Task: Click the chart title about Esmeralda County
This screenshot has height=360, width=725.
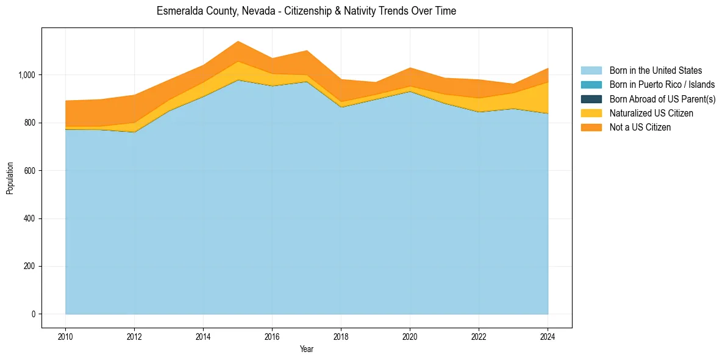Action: pyautogui.click(x=306, y=11)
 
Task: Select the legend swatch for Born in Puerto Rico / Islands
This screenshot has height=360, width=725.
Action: pyautogui.click(x=591, y=85)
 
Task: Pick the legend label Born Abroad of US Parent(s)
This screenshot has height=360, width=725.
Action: pyautogui.click(x=662, y=99)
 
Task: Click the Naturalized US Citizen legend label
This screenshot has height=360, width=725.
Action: pyautogui.click(x=651, y=113)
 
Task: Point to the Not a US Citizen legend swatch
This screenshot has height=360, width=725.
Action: pyautogui.click(x=591, y=127)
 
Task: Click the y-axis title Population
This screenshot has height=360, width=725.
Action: pyautogui.click(x=10, y=178)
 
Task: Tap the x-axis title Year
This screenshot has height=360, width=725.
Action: pyautogui.click(x=307, y=349)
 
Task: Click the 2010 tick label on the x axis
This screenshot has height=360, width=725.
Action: pyautogui.click(x=65, y=336)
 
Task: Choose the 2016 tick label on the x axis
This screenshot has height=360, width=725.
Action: pyautogui.click(x=272, y=336)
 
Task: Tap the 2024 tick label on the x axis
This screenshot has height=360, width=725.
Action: pyautogui.click(x=548, y=336)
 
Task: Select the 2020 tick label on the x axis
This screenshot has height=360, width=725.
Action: pyautogui.click(x=410, y=336)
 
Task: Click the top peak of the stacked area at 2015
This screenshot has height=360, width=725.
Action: pyautogui.click(x=238, y=41)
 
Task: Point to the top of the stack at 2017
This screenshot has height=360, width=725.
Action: pyautogui.click(x=307, y=51)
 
